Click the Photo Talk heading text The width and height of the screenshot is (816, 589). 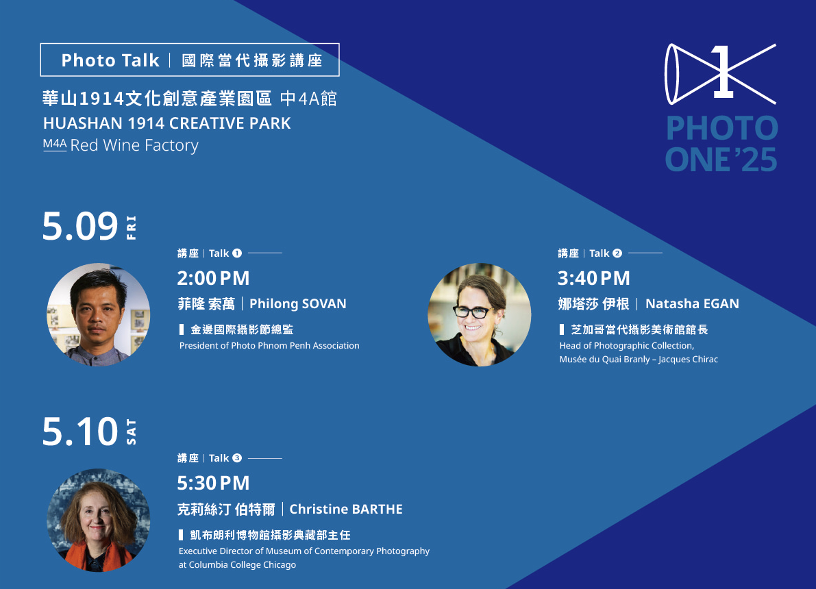click(x=110, y=60)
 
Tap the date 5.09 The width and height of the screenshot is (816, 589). click(x=80, y=226)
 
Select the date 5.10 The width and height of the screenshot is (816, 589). click(x=80, y=431)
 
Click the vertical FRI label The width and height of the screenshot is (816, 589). click(x=131, y=227)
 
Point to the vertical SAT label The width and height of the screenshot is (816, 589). click(x=131, y=432)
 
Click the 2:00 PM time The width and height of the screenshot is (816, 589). click(x=213, y=278)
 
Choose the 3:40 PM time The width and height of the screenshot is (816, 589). click(x=594, y=278)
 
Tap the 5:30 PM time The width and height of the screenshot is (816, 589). click(x=213, y=484)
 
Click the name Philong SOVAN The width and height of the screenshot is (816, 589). click(x=297, y=304)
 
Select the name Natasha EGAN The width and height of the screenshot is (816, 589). click(x=692, y=304)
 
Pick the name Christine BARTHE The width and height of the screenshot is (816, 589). click(x=346, y=509)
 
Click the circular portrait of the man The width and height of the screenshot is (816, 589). click(x=99, y=315)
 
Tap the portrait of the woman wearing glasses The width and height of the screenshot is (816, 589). click(x=480, y=315)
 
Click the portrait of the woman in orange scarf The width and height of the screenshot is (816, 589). click(x=99, y=521)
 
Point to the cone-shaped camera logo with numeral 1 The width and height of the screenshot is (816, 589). click(x=721, y=74)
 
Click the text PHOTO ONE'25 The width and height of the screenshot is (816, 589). click(x=722, y=144)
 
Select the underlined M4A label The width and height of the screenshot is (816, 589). click(x=55, y=145)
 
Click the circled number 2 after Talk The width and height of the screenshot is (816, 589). click(x=617, y=253)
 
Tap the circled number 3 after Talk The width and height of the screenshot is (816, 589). click(x=237, y=458)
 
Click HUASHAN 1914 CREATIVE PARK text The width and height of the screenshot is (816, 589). click(x=166, y=123)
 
